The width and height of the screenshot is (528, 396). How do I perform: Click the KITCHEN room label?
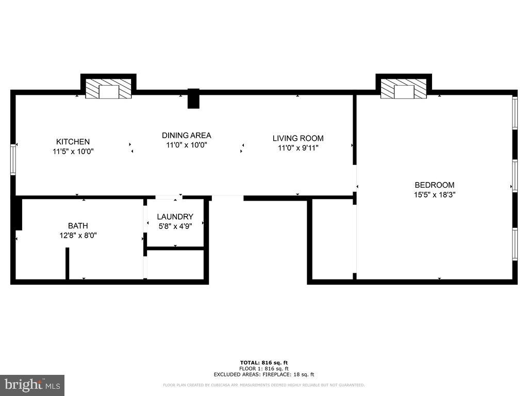(x=73, y=142)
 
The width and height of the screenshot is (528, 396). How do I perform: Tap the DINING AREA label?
(x=186, y=136)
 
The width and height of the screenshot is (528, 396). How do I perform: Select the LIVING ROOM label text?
(x=298, y=138)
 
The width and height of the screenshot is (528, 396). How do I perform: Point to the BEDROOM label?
(x=435, y=185)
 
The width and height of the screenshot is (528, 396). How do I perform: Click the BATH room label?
(x=78, y=226)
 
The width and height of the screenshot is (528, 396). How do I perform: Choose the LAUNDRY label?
(x=175, y=217)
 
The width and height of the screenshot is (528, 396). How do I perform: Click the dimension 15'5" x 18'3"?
(x=435, y=195)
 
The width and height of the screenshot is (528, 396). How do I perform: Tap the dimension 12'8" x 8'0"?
(x=78, y=235)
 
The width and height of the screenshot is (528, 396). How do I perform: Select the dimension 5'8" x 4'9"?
(x=175, y=226)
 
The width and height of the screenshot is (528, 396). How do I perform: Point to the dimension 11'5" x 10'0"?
(x=73, y=152)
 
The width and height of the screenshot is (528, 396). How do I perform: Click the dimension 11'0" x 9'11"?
(x=298, y=148)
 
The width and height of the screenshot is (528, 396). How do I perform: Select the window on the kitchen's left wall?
(x=13, y=160)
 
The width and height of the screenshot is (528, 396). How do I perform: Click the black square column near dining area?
(x=193, y=98)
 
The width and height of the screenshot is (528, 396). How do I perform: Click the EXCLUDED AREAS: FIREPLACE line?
(x=263, y=374)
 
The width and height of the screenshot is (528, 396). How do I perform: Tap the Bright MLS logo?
(x=32, y=385)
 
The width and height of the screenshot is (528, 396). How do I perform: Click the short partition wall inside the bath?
(x=67, y=264)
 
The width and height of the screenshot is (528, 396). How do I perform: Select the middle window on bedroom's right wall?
(x=514, y=176)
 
